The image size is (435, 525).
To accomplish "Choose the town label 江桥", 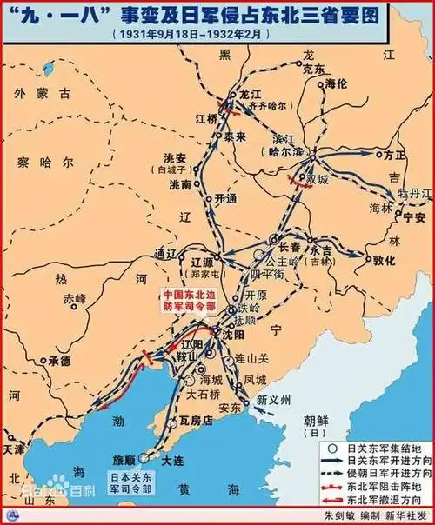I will tap(207, 118).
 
